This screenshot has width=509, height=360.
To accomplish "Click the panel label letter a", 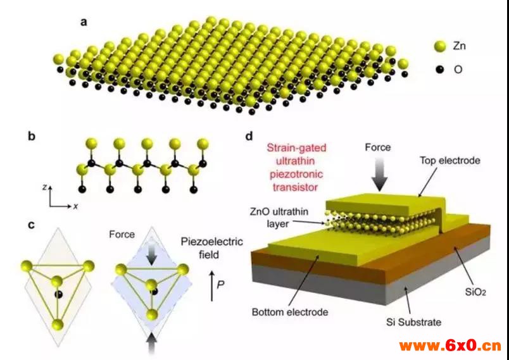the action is tap(84, 23).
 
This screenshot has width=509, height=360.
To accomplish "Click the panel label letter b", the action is tap(32, 137).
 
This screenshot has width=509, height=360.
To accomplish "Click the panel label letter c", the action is tap(31, 225).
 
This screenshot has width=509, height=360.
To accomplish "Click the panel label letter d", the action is tap(249, 137).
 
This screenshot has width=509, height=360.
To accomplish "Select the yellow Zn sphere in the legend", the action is tap(441, 46).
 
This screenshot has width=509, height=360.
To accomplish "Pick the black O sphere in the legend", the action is tap(439, 70).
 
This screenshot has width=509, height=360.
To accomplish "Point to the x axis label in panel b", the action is tap(75, 206).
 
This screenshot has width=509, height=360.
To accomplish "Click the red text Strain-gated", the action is tap(296, 148).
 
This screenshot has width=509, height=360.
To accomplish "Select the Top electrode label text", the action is tap(450, 160).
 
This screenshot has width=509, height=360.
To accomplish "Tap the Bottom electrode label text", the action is tap(290, 312).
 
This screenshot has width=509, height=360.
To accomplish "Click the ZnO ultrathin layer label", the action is tap(279, 218).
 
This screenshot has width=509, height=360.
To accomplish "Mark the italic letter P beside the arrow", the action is tap(220, 285).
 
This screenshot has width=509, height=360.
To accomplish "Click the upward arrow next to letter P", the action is tap(212, 287).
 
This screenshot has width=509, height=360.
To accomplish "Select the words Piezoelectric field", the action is tap(212, 248).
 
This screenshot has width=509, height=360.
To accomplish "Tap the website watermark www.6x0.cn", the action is tap(450, 345).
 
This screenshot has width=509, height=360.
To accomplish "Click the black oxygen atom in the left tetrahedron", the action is tap(59, 294).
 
